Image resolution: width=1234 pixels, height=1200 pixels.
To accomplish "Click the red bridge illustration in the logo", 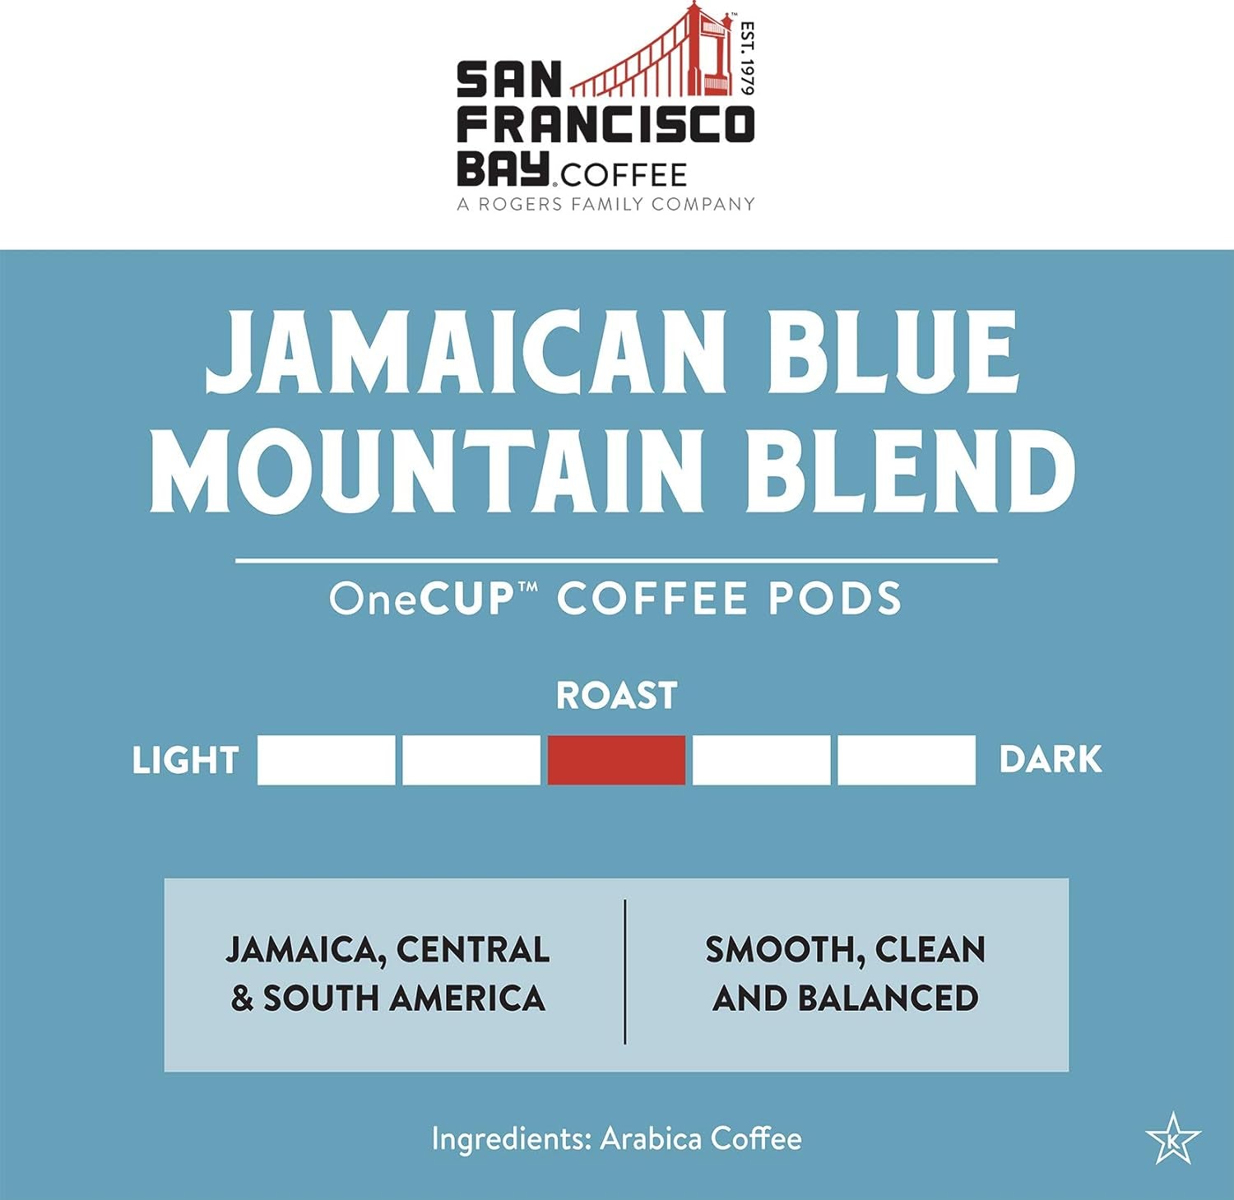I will tap(658, 58).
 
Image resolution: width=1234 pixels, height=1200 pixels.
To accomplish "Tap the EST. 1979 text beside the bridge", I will tap(746, 58).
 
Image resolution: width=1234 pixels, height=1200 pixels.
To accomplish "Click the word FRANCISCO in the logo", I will tap(605, 125).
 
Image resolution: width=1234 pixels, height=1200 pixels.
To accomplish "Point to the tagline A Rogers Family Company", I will tap(605, 204).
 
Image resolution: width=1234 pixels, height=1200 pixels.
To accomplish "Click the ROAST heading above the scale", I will tap(616, 696).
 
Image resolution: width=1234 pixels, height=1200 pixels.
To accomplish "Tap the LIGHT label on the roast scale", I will tap(185, 761).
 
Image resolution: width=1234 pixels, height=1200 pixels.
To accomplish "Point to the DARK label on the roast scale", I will tap(1050, 759).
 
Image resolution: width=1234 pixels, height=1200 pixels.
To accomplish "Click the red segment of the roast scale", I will tap(616, 759).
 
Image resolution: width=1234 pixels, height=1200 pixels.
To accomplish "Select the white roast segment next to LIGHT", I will tap(326, 759).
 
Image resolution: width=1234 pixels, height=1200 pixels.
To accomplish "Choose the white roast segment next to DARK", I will tap(907, 759).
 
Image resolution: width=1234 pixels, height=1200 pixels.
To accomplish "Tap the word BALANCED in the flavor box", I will tap(888, 998).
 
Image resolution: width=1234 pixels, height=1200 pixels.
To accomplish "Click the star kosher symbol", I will tap(1173, 1138).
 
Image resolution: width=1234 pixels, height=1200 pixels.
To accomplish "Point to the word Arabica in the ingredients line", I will tap(651, 1139).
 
